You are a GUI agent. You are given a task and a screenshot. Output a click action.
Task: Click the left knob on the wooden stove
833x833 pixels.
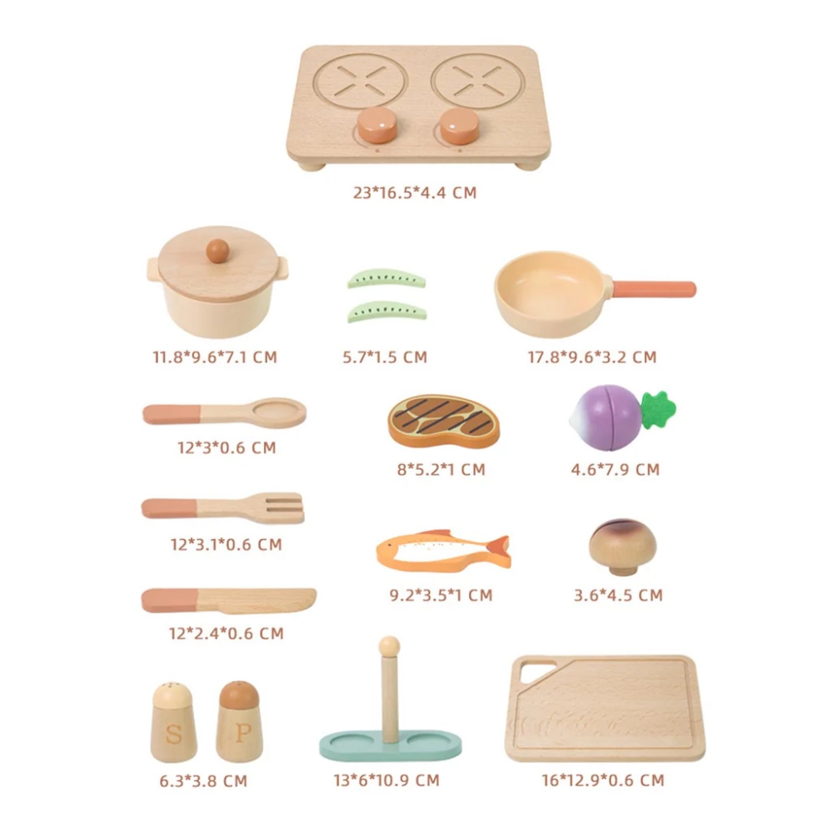[x=377, y=125]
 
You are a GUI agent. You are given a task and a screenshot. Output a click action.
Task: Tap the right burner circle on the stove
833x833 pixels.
[x=478, y=82]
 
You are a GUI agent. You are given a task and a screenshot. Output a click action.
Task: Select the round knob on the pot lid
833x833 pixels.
[x=217, y=251]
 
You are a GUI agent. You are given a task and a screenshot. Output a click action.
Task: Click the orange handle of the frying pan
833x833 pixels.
[x=654, y=289]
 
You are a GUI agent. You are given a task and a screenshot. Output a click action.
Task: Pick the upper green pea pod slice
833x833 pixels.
[x=387, y=279]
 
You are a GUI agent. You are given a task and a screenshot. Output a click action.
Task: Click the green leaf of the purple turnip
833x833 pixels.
[x=658, y=410]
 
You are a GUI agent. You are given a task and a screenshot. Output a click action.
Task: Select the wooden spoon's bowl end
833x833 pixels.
[x=279, y=412]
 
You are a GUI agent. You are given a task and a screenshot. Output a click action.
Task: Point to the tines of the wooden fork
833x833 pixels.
[x=285, y=507]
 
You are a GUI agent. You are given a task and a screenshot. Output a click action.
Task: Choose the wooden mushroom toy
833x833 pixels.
[x=622, y=547]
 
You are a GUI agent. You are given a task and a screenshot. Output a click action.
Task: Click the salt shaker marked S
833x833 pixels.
[x=174, y=722]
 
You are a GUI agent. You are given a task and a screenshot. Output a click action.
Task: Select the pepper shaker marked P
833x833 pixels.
[x=239, y=721]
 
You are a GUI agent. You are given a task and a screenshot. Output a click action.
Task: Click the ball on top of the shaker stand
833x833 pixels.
[x=389, y=647]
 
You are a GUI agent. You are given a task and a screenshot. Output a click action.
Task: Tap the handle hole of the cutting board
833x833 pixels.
[x=536, y=672]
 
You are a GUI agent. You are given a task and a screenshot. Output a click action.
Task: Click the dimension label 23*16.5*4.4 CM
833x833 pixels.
[x=415, y=192]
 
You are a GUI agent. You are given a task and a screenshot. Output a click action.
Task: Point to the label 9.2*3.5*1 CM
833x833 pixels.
[x=441, y=595]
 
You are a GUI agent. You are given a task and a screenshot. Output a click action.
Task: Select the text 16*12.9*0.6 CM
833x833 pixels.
[x=603, y=780]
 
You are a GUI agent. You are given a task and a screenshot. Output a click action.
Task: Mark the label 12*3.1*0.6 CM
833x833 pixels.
[x=227, y=544]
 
